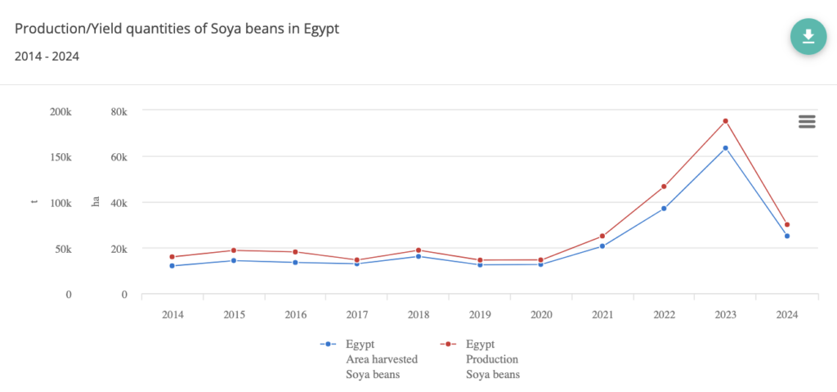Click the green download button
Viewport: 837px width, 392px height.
click(808, 36)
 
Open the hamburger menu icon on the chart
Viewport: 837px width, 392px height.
click(807, 121)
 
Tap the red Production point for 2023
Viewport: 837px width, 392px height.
click(725, 121)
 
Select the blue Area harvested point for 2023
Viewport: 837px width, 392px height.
click(725, 148)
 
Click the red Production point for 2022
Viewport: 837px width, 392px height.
click(664, 187)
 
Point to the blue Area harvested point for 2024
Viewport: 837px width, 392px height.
click(787, 236)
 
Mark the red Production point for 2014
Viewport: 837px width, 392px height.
click(172, 257)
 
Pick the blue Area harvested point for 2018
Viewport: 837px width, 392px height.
click(418, 256)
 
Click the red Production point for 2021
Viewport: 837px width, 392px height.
click(602, 236)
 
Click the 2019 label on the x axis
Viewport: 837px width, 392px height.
click(480, 315)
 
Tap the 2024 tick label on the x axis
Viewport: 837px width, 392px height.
click(787, 315)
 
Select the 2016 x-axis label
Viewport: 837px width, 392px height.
click(295, 315)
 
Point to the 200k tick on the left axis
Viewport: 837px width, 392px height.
click(61, 111)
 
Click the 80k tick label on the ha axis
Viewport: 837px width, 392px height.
click(119, 111)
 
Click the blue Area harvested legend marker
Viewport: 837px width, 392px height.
click(328, 345)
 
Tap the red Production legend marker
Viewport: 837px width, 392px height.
click(448, 345)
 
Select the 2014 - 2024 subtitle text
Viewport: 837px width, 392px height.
click(47, 56)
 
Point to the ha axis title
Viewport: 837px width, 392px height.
click(95, 202)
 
